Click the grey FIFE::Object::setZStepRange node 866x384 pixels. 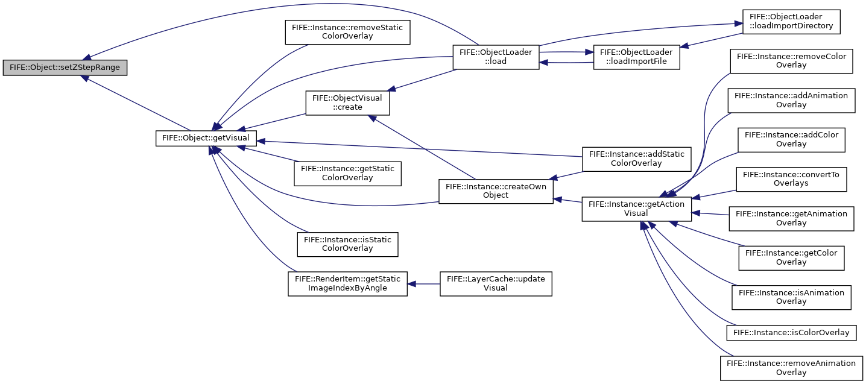(x=65, y=68)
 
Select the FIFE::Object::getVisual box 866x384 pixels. (x=206, y=138)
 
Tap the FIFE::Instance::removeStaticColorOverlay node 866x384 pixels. (x=347, y=32)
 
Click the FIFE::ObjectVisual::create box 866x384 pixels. (x=347, y=102)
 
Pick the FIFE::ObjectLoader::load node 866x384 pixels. (x=496, y=57)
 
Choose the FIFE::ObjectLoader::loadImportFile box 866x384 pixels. (x=636, y=57)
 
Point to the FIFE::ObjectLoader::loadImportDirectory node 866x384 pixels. (x=791, y=22)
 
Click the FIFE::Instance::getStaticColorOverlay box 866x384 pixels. (x=347, y=174)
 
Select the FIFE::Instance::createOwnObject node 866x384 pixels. (x=496, y=191)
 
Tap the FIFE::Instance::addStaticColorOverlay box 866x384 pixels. (x=636, y=159)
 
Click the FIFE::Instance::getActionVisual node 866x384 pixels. (x=636, y=209)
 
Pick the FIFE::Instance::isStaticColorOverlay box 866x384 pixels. (x=347, y=244)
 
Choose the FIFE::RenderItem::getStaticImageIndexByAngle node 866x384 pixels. (x=347, y=284)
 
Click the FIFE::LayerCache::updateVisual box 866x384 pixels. (x=496, y=284)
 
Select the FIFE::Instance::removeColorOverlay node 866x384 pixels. (x=791, y=61)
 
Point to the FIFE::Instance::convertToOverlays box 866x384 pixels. (x=791, y=179)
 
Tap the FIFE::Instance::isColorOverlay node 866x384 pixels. (x=791, y=333)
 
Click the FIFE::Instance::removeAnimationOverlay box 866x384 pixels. (x=791, y=368)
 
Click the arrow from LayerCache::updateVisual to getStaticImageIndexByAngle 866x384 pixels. (x=424, y=284)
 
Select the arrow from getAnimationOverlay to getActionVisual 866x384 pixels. (x=710, y=213)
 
